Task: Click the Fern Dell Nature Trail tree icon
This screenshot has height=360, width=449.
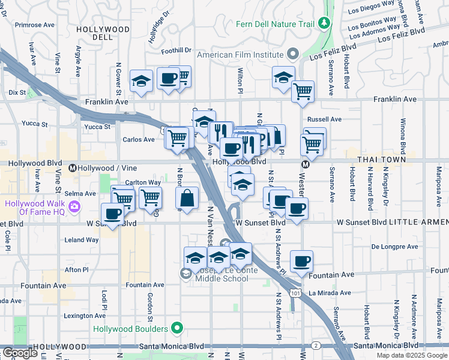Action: tap(325, 23)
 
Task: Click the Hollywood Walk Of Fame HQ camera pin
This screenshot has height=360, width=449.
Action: tap(74, 207)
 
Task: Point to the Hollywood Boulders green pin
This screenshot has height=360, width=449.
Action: tap(176, 328)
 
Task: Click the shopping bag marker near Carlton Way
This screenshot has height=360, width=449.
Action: tap(187, 199)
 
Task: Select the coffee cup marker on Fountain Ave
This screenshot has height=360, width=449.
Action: tap(301, 260)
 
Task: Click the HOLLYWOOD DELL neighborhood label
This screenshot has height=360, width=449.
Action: tap(103, 32)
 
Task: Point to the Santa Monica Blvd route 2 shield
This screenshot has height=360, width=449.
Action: tap(316, 346)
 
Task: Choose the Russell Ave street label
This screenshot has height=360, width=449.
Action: tap(324, 119)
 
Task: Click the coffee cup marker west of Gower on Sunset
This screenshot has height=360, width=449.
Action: tap(112, 213)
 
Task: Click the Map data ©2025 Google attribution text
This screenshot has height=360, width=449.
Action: tap(411, 355)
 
